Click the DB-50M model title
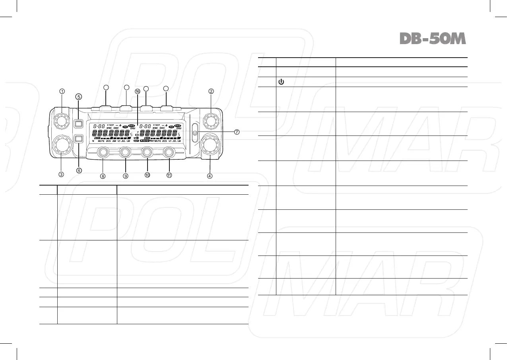[x=432, y=39]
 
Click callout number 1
[x=62, y=91]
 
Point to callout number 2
[x=212, y=91]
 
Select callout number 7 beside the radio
[x=237, y=132]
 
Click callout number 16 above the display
[x=137, y=91]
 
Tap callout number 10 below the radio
[x=147, y=175]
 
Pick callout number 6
[x=79, y=170]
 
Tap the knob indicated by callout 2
[x=210, y=119]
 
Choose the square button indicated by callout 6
[x=78, y=139]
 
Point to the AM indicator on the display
[x=114, y=141]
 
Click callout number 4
[x=210, y=176]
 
